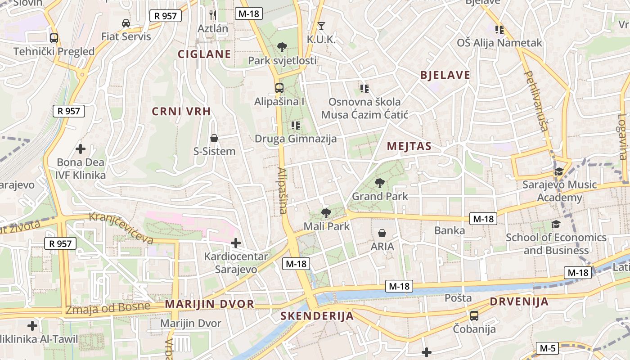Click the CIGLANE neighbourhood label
point(204,54)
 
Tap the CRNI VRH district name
point(181,112)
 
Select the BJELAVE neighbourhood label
point(445,75)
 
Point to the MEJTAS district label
point(409,146)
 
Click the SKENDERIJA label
point(317,316)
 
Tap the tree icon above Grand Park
point(380,183)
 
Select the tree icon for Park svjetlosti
point(282,47)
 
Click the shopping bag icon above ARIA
point(382,233)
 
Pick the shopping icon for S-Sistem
point(214,138)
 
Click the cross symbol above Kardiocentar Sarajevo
point(235,243)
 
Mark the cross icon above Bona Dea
point(81,148)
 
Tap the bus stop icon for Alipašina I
point(279,88)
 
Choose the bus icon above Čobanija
point(474,316)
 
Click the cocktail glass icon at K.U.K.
point(321,26)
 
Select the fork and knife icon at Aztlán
point(213,15)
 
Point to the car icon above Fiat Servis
point(126,23)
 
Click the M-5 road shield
point(548,348)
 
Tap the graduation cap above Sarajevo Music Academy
point(559,171)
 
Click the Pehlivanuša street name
point(536,101)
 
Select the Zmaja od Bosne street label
point(108,308)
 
